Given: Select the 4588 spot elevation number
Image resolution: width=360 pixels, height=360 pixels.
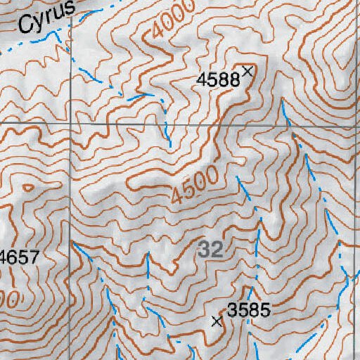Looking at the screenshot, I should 218,79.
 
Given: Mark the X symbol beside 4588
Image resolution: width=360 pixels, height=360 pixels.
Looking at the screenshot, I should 247,70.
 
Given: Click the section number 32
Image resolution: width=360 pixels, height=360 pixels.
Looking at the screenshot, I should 210,249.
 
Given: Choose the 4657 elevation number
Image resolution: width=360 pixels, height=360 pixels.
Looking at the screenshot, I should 20,257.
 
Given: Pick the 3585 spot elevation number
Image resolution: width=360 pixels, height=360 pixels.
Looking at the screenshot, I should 249,309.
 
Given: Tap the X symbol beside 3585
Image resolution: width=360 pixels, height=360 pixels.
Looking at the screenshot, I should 217,321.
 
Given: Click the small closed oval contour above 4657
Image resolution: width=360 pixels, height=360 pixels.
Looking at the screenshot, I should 27,188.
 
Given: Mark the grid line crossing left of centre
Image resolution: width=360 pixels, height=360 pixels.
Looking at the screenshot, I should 70,124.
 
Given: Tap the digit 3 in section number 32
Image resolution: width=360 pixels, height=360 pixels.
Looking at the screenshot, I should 205,249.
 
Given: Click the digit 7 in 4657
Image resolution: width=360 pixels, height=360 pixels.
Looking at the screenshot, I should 34,257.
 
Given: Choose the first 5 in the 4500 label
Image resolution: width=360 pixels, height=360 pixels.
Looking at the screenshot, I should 183,192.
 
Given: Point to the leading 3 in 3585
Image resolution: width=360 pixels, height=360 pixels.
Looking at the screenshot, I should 232,309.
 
